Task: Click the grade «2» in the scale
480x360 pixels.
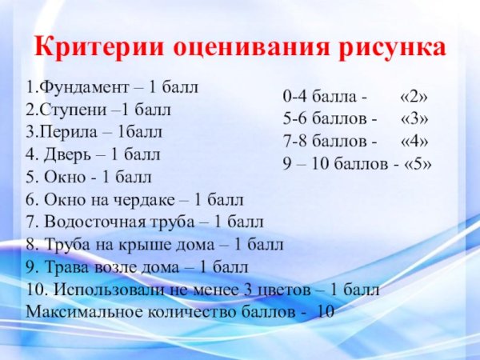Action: pos(413,98)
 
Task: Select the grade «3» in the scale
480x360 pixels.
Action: pos(413,120)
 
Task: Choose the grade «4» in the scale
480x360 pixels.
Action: pos(413,142)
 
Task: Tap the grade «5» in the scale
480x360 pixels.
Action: pos(417,165)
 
